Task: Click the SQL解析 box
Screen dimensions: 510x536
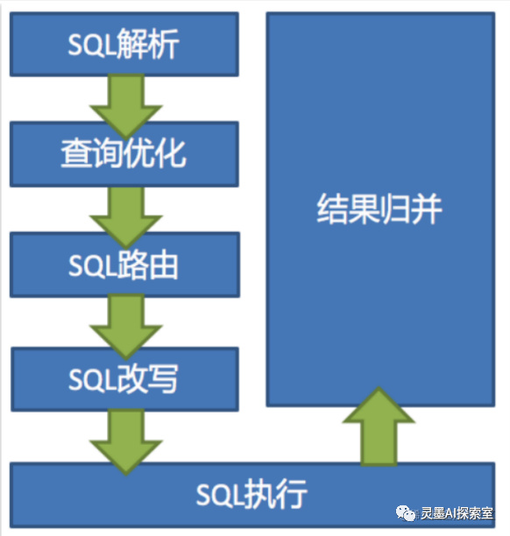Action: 124,44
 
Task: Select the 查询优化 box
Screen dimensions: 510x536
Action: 124,154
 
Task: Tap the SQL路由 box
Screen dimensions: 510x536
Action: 124,264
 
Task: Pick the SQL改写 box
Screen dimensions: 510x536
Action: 124,379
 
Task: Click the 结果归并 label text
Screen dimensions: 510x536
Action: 379,209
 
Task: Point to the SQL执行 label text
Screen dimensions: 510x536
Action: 251,494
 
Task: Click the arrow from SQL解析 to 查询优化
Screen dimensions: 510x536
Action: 125,106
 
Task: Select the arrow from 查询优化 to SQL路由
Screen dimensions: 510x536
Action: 125,217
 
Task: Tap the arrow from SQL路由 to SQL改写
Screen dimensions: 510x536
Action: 125,327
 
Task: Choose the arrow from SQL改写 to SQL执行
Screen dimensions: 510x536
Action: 125,441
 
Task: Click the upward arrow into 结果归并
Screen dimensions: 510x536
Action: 379,427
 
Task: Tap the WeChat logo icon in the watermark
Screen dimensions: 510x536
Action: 406,513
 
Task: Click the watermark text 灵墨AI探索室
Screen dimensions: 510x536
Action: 457,513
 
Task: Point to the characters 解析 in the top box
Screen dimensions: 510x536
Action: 148,44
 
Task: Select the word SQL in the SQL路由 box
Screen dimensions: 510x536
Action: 92,266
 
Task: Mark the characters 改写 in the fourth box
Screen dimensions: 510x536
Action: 147,378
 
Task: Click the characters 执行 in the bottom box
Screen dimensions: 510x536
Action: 276,494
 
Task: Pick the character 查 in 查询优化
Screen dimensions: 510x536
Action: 76,154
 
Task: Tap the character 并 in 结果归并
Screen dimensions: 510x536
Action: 427,209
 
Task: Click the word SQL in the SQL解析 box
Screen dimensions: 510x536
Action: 92,45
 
